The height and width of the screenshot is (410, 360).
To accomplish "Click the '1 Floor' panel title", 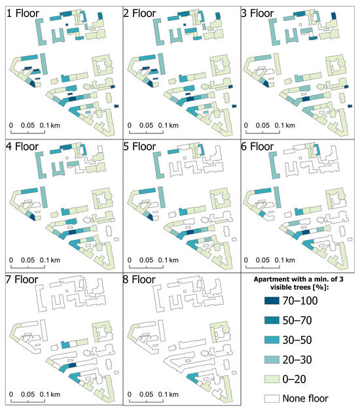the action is (22, 13).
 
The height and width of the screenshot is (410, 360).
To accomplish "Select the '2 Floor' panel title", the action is (139, 13).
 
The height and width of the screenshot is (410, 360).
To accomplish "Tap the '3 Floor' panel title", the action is (257, 13).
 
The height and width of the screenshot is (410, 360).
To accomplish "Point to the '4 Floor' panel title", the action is (22, 146).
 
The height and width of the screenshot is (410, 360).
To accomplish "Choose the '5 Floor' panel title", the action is (139, 146).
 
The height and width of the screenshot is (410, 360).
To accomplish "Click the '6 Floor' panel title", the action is (257, 146).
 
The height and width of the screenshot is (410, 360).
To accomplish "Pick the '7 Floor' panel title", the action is (22, 279).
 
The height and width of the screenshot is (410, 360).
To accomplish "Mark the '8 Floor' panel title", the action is (139, 279).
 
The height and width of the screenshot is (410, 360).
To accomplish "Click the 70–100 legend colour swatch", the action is (272, 301).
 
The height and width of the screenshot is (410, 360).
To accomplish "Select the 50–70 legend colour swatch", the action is (272, 320).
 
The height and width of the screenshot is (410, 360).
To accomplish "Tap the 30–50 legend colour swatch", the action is (272, 340).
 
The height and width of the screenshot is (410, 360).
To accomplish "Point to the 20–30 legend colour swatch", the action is (272, 360).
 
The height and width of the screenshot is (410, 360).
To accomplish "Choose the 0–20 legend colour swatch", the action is (272, 379).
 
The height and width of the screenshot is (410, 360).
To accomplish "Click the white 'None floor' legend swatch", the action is (272, 398).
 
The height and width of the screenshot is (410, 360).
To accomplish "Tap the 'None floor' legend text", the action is (305, 398).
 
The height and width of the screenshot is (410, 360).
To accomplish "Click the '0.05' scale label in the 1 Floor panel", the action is (27, 126).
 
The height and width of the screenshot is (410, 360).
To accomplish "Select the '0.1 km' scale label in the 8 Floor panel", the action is (168, 394).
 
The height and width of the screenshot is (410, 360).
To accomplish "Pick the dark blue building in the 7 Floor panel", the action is (72, 365).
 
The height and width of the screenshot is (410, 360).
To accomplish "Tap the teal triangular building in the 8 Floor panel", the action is (192, 377).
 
